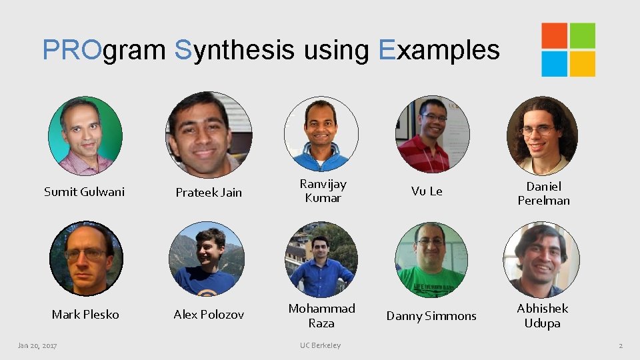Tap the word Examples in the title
click(439, 49)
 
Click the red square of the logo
click(554, 36)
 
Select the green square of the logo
click(582, 36)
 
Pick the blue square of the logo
click(554, 64)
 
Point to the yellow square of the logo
click(582, 64)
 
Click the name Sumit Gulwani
click(84, 192)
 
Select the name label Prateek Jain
click(209, 193)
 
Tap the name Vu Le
click(427, 191)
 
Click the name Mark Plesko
click(85, 314)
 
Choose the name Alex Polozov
click(209, 315)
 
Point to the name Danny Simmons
click(431, 316)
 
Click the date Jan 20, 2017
click(37, 345)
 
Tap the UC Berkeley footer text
click(320, 345)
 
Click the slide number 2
click(621, 345)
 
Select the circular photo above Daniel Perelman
click(542, 136)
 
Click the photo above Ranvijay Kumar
click(321, 133)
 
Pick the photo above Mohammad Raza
click(321, 259)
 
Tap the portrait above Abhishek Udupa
click(541, 259)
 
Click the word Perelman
click(543, 201)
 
